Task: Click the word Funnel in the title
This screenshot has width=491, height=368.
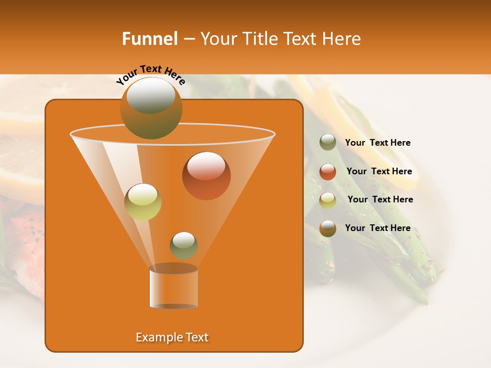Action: (150, 39)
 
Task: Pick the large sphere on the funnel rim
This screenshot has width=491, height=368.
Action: (151, 108)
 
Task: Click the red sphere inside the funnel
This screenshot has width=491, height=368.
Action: (206, 175)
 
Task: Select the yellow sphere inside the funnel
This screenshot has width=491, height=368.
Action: (143, 202)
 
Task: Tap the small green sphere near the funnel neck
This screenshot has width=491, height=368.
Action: (184, 245)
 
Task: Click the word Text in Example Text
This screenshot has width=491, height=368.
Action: (195, 337)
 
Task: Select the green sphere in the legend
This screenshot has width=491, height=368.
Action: (328, 143)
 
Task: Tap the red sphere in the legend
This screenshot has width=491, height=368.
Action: (328, 172)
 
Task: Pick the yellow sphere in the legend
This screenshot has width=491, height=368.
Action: (328, 200)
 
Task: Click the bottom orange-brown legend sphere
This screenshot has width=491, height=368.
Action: (328, 228)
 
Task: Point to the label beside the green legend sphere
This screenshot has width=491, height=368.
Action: (377, 143)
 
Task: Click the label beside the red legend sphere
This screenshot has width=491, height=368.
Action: (379, 171)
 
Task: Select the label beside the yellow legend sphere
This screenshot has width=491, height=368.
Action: (380, 199)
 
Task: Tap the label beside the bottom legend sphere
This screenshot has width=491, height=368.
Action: (377, 228)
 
